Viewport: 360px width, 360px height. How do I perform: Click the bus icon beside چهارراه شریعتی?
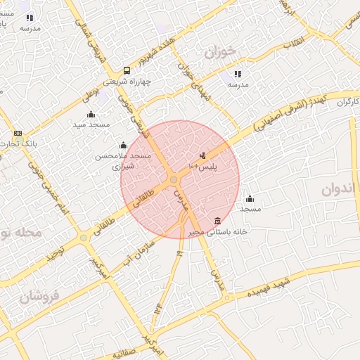127,70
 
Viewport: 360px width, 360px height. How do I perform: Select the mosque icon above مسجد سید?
90,115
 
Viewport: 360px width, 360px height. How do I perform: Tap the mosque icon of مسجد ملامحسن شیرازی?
124,146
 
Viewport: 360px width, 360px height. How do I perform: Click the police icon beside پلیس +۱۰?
203,155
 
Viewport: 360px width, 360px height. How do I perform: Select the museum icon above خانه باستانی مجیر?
218,221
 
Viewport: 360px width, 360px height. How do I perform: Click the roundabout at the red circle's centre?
173,180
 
